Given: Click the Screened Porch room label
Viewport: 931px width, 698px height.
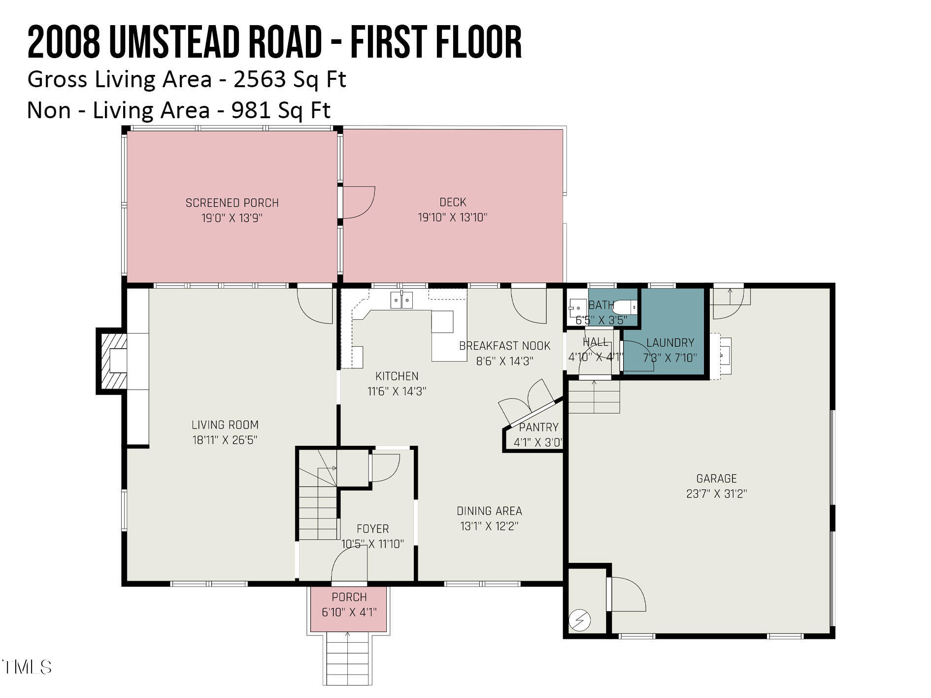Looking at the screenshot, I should pos(232,203).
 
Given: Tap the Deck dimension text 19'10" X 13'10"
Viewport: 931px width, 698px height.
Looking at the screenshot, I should pos(452,217).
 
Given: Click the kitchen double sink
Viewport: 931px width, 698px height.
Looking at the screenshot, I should pos(401,300).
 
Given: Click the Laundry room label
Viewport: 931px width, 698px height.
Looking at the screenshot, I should pos(670,343).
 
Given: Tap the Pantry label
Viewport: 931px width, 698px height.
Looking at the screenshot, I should pos(538,427).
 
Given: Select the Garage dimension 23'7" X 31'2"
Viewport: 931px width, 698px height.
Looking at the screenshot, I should pos(716,494).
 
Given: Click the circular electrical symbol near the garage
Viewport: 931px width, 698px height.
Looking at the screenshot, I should pos(580,620).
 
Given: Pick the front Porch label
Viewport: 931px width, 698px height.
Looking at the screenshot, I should pos(349,597).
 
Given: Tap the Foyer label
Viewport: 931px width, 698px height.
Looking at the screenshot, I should pos(372,529).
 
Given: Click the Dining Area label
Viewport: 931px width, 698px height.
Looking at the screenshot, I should pos(489,511).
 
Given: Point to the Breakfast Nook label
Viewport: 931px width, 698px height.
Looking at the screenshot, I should pos(504,346).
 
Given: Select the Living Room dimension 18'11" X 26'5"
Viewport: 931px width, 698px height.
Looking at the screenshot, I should pos(225,440).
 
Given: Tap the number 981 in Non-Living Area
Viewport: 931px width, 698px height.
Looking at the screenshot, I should pos(251,110).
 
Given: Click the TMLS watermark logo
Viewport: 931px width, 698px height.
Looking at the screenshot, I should pos(27,667).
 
